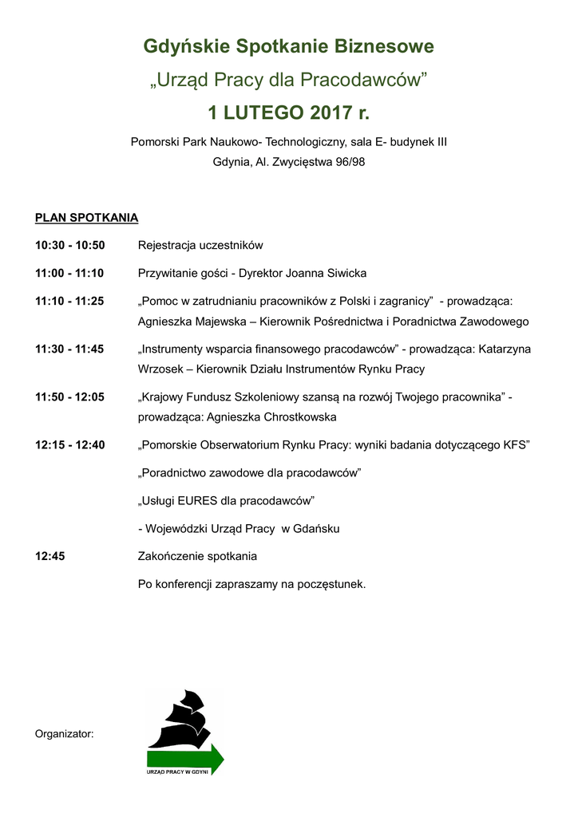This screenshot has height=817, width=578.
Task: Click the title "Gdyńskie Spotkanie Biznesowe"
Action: [288, 47]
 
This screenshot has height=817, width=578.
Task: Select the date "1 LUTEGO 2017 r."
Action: [288, 112]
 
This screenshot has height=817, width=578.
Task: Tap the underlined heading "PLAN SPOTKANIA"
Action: [86, 217]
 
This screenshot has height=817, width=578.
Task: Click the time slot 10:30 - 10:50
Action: [70, 245]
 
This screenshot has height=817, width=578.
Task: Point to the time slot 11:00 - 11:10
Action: [69, 273]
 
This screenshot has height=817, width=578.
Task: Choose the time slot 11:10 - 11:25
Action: [69, 301]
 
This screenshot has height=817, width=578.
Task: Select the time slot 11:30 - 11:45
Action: [69, 349]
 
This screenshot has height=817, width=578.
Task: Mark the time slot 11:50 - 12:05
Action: [69, 397]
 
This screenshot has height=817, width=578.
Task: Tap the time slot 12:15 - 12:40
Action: [69, 444]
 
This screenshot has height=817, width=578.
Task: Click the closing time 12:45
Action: [49, 556]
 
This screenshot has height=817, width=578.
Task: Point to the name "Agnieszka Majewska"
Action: [189, 322]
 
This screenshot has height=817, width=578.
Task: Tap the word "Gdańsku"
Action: [318, 528]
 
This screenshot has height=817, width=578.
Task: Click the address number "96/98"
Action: [350, 162]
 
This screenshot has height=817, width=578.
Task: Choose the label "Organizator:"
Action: [65, 733]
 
